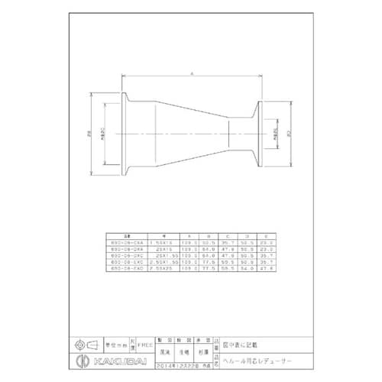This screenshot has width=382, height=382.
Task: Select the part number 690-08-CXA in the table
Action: [x=125, y=242]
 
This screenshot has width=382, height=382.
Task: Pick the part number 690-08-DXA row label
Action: [x=125, y=248]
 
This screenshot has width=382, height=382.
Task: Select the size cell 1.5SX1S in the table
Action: [x=162, y=242]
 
